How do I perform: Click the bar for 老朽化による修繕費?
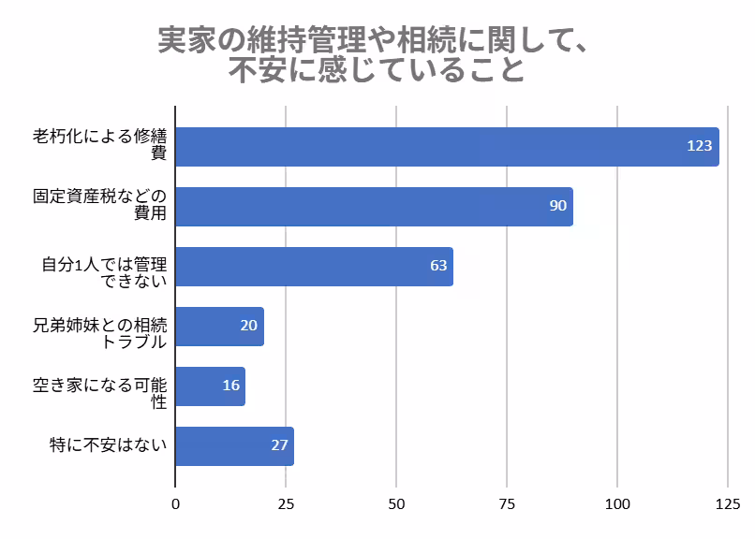(447, 147)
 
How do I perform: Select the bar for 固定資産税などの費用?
(374, 207)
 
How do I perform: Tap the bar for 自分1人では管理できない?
(314, 267)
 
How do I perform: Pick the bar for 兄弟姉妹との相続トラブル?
(219, 327)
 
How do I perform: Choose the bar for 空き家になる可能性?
(210, 386)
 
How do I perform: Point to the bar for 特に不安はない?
(234, 446)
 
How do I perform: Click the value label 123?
(699, 146)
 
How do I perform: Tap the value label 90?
(557, 206)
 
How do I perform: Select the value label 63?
(438, 266)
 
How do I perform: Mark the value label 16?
(231, 386)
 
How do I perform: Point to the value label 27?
(279, 445)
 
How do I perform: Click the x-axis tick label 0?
(175, 504)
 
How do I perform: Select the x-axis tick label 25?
(286, 504)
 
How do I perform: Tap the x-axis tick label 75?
(507, 504)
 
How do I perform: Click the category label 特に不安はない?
(108, 445)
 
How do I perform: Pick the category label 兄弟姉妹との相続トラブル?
(100, 333)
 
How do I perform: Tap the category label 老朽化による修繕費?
(100, 145)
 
